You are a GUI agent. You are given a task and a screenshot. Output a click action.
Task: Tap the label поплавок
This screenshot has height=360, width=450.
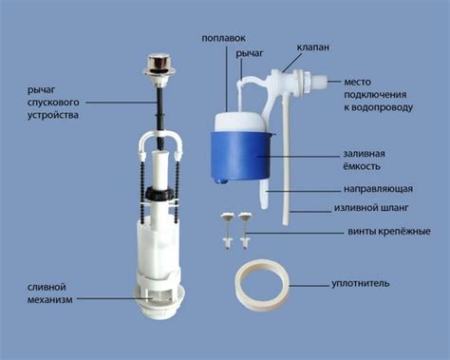point(224,38)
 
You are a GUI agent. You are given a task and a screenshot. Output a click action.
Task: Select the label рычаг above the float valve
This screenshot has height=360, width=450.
point(250,54)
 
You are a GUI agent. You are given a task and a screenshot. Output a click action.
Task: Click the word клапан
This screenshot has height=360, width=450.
point(312,47)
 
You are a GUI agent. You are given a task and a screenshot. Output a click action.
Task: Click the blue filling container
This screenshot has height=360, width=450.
point(239,158)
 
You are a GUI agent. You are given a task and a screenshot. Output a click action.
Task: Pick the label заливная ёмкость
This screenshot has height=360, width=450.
point(365,160)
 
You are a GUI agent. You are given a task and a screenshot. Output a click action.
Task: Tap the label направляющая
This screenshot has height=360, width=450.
point(378,189)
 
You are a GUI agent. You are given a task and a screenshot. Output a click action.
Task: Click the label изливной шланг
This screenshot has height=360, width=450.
point(371,208)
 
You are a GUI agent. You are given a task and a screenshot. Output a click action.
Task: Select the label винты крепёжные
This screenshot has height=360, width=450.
point(389,232)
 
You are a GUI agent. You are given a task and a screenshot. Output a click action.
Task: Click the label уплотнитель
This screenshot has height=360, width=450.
point(361,284)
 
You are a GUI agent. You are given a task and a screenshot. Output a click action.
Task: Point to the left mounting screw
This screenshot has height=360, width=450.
point(227,231)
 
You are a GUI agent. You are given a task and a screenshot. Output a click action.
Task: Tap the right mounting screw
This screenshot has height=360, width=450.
point(245,231)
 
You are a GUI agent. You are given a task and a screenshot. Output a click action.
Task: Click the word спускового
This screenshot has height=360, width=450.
point(53,103)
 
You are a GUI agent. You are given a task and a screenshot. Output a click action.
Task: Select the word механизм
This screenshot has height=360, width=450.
point(50,299)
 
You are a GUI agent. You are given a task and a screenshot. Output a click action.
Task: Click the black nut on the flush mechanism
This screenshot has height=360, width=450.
point(159,193)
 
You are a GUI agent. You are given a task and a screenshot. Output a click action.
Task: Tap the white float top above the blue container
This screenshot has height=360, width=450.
point(239,121)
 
